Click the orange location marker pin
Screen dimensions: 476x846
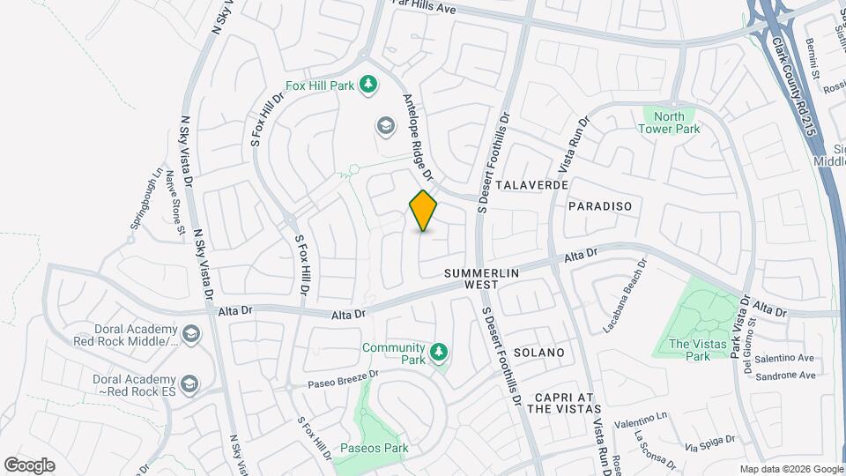(423, 211)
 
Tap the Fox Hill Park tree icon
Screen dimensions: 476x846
(368, 86)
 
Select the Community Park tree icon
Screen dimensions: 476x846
(439, 353)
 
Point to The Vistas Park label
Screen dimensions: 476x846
(688, 350)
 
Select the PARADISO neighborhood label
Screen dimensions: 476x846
(600, 205)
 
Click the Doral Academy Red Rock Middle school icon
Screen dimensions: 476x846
(191, 334)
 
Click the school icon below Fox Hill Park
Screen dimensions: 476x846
(384, 126)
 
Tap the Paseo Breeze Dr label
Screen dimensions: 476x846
(343, 379)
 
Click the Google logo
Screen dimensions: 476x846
(29, 465)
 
